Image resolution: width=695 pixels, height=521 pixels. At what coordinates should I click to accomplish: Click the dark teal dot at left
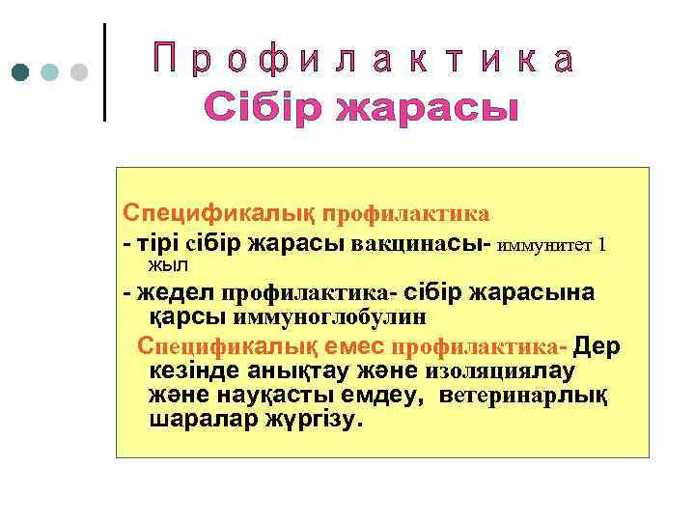pyautogui.click(x=21, y=72)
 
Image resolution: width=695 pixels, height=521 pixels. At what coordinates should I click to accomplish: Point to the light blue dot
pyautogui.click(x=50, y=72)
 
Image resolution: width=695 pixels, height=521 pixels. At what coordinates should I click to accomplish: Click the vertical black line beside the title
pyautogui.click(x=103, y=72)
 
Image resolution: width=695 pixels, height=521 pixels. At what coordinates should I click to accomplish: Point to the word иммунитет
pyautogui.click(x=547, y=245)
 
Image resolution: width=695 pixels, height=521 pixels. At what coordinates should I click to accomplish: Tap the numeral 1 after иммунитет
pyautogui.click(x=603, y=245)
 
